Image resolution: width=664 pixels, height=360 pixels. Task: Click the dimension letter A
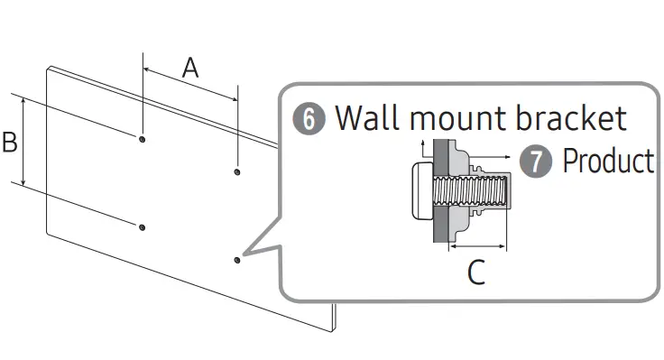coord(190,69)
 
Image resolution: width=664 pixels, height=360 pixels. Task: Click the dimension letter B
coord(10,142)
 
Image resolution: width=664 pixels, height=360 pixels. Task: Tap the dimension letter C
coord(476,272)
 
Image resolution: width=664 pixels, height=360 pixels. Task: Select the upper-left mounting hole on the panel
coord(143,139)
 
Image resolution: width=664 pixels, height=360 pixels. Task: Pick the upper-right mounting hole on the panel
coord(237,171)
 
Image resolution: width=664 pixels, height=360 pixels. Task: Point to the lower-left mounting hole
coord(143,227)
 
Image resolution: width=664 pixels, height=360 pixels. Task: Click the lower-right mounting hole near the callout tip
coord(237,260)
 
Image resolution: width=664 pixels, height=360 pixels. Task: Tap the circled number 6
coord(309,118)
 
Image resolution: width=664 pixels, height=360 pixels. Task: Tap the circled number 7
coord(536,161)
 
